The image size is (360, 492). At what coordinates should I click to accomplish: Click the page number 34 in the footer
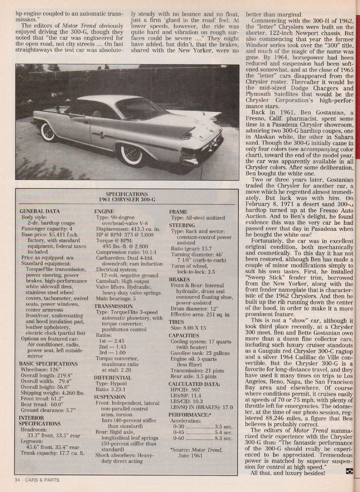click(18, 480)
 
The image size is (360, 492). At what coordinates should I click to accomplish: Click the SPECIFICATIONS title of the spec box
click(127, 194)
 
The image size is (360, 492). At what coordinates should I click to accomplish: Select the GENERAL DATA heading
click(39, 211)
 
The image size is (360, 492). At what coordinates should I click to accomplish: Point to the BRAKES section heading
click(179, 280)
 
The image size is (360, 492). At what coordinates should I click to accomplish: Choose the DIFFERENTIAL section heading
click(112, 378)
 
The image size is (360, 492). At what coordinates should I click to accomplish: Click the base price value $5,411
click(59, 235)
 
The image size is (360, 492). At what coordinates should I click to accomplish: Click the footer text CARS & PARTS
click(42, 480)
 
